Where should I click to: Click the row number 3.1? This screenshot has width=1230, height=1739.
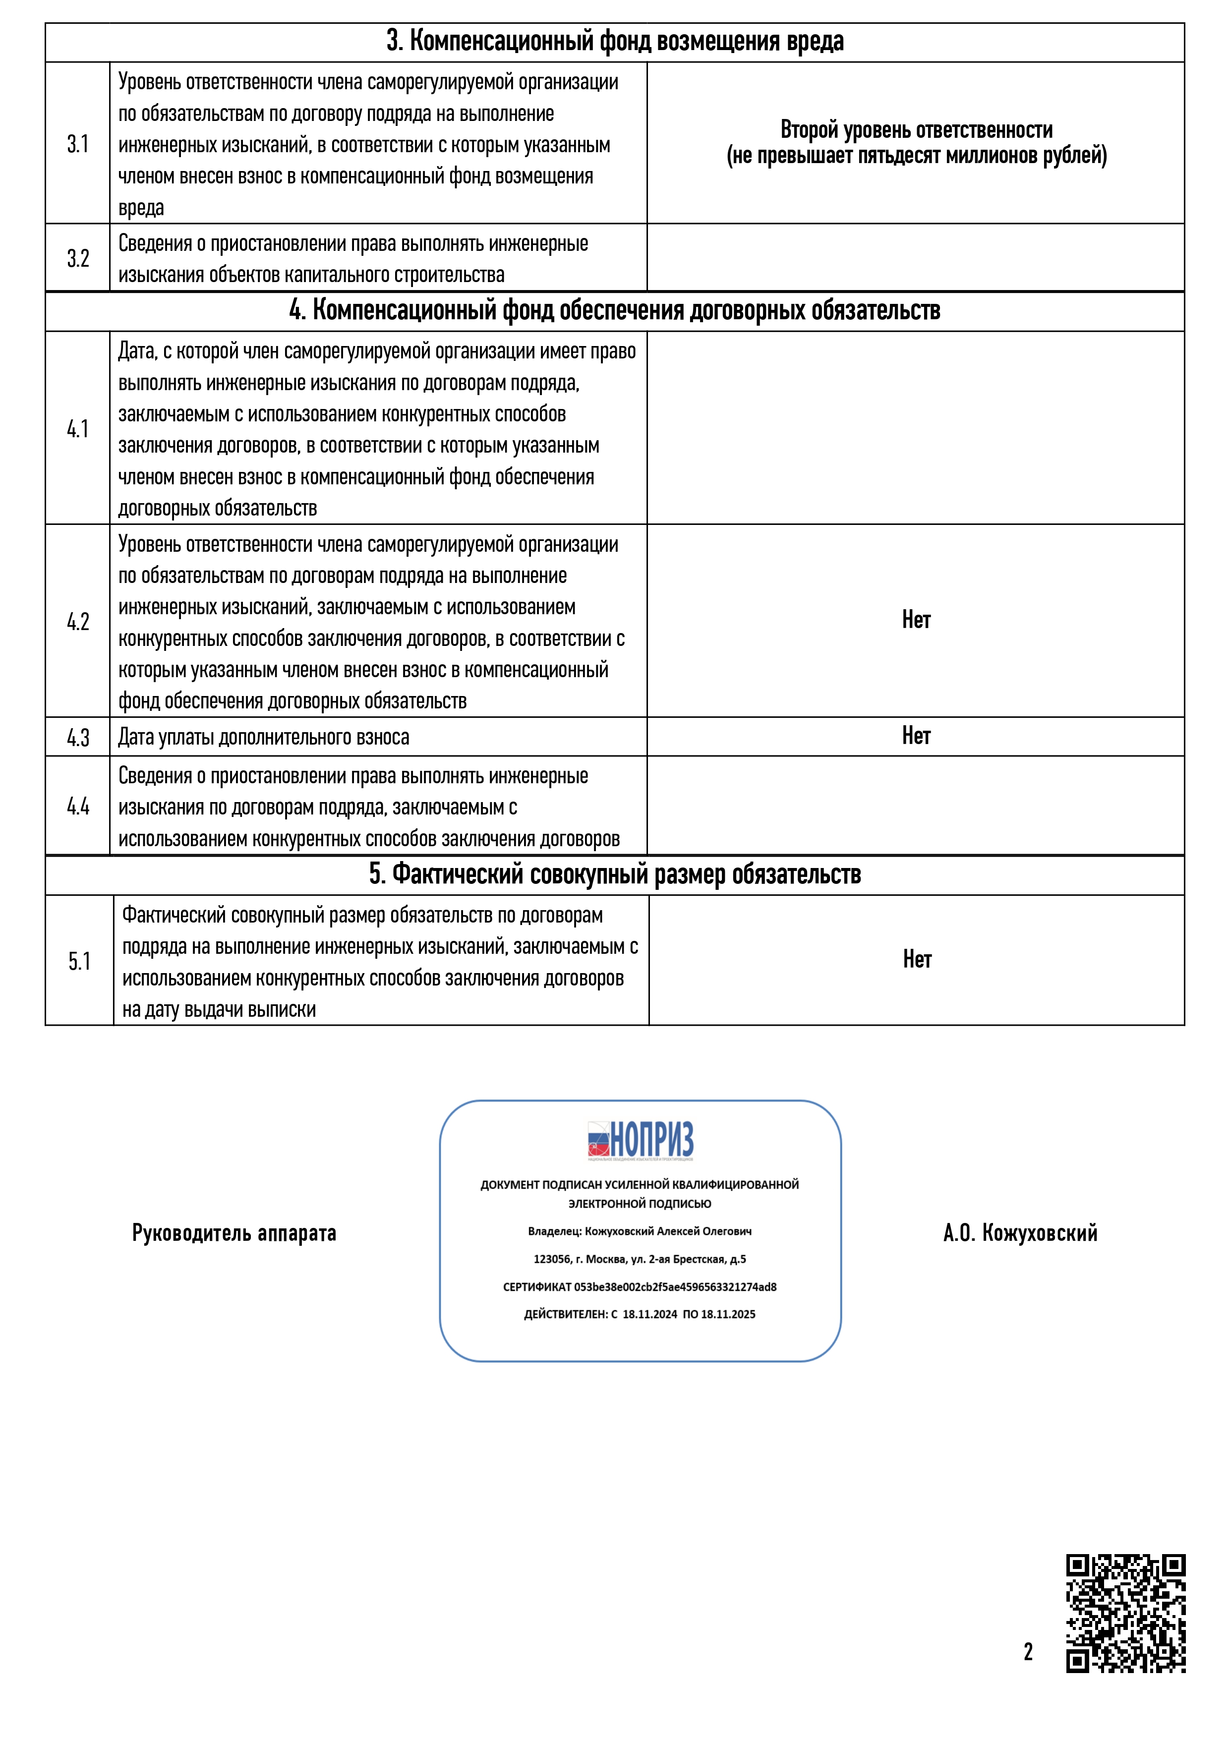pos(77,144)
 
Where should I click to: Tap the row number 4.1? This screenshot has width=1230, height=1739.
pos(77,429)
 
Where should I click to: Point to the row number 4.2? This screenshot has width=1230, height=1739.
pos(77,622)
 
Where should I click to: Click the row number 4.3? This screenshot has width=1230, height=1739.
pos(77,737)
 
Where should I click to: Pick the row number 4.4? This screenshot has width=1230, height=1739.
pos(77,806)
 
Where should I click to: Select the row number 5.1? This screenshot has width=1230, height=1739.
pos(79,961)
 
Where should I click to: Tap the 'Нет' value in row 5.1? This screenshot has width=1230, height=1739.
pos(917,960)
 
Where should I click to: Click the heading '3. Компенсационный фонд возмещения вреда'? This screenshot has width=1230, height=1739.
pos(614,42)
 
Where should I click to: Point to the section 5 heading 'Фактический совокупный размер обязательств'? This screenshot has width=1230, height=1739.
pos(614,875)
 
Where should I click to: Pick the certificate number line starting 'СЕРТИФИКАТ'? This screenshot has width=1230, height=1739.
pos(640,1287)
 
